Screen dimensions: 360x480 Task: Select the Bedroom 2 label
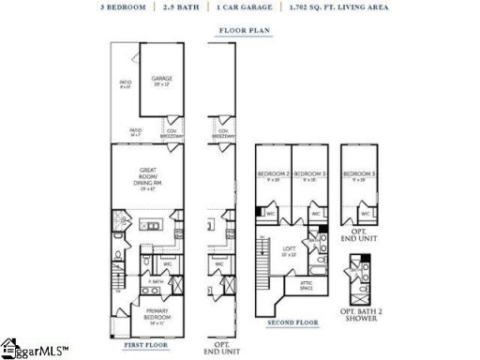point(273,176)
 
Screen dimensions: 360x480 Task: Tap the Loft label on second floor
point(290,250)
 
